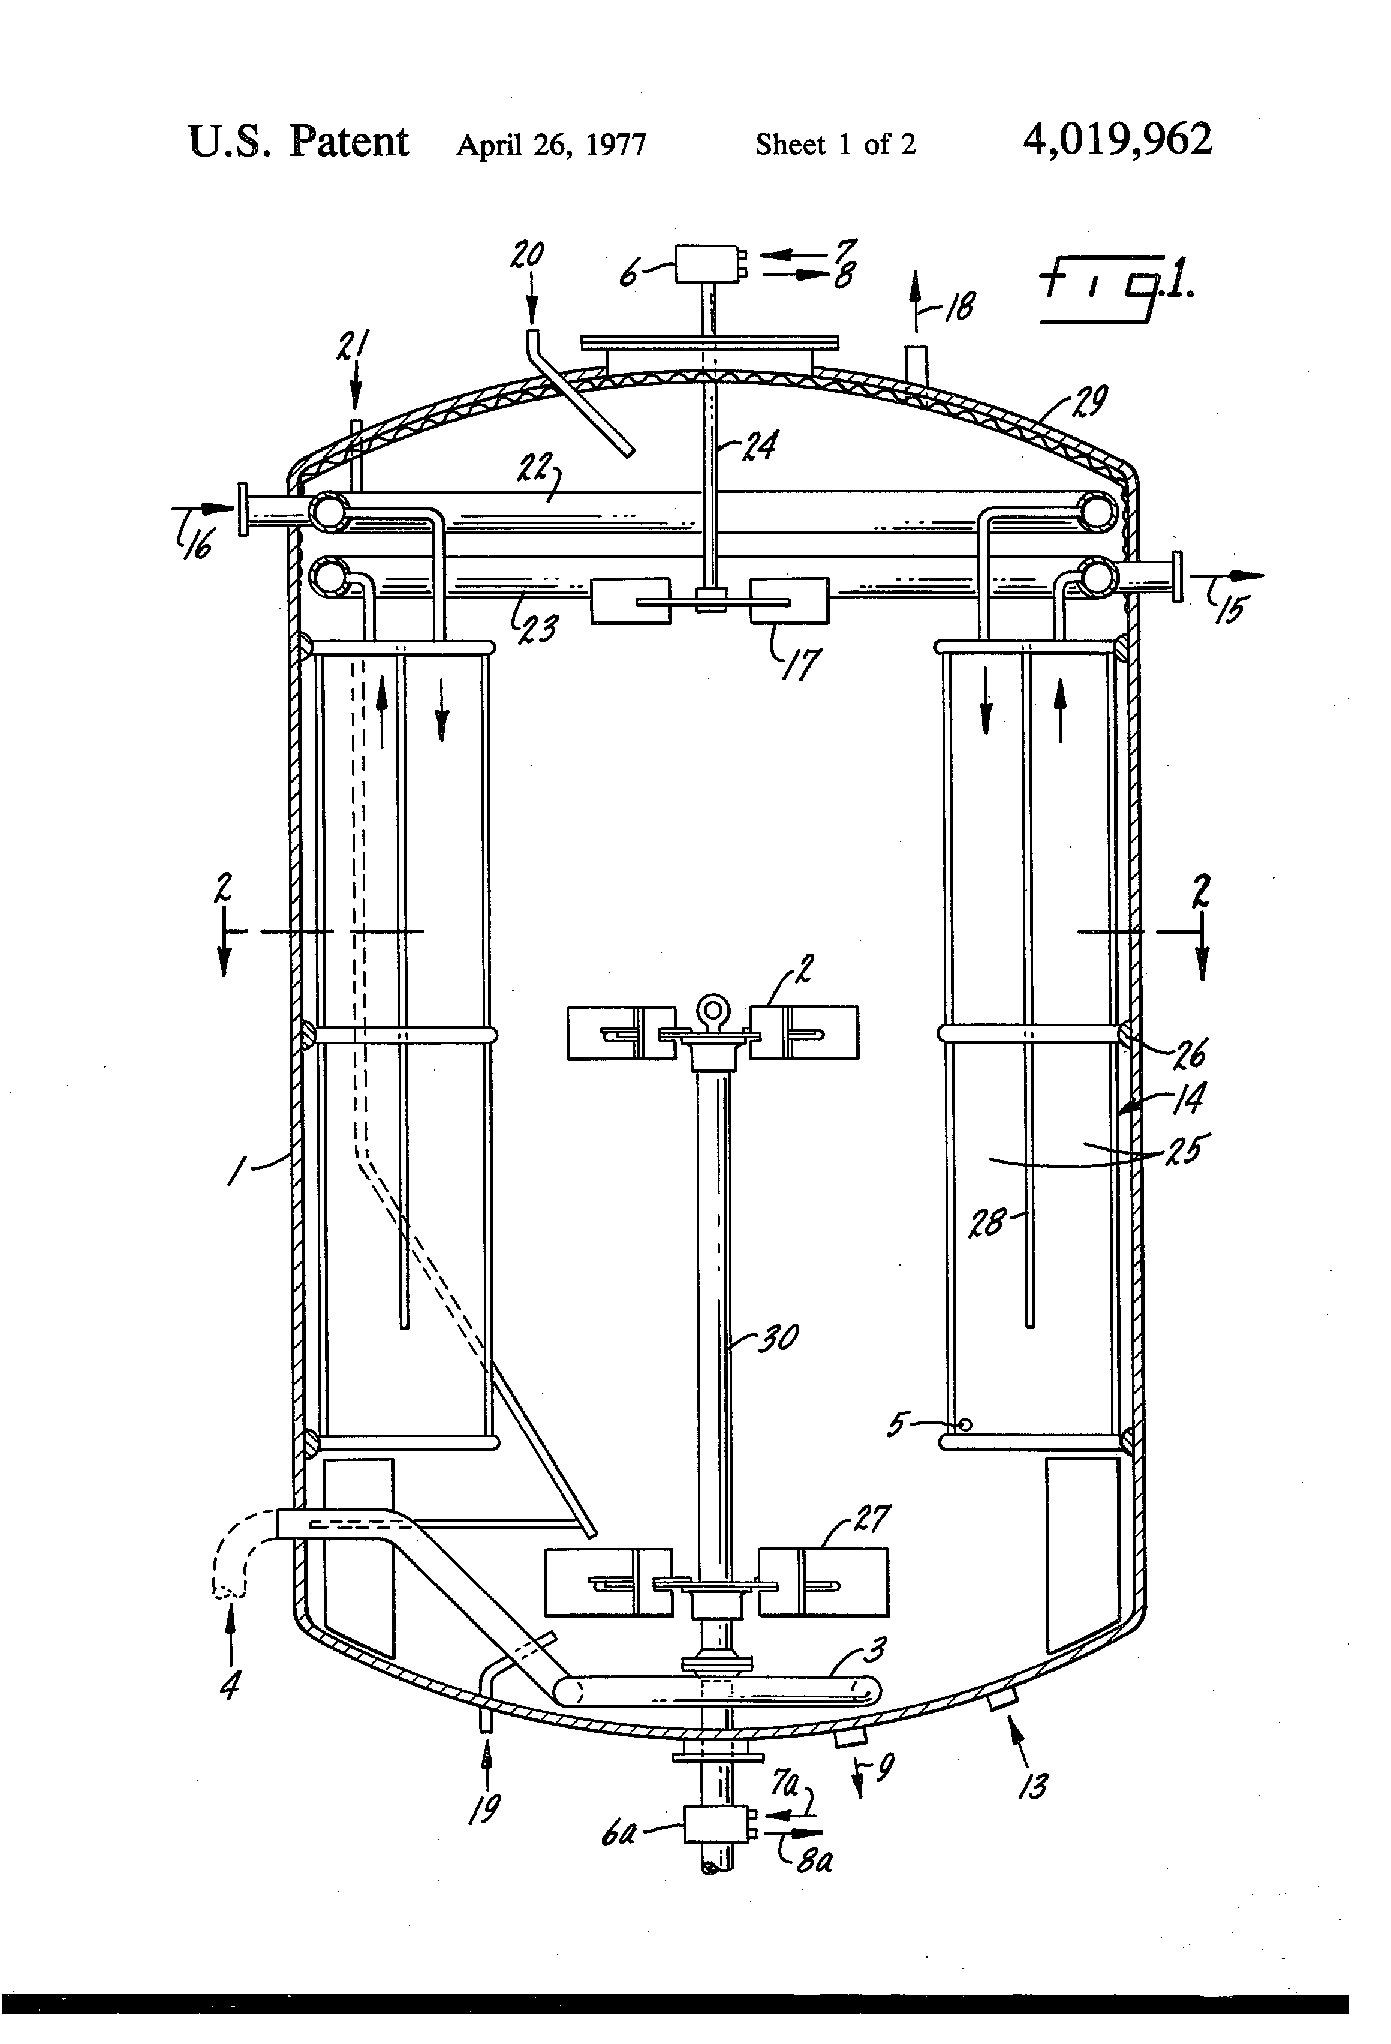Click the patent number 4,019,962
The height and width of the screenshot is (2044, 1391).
point(1116,140)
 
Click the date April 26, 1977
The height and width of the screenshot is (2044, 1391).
point(550,144)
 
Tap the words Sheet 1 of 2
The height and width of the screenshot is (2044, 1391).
point(835,144)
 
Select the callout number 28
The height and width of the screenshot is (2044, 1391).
point(986,1222)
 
